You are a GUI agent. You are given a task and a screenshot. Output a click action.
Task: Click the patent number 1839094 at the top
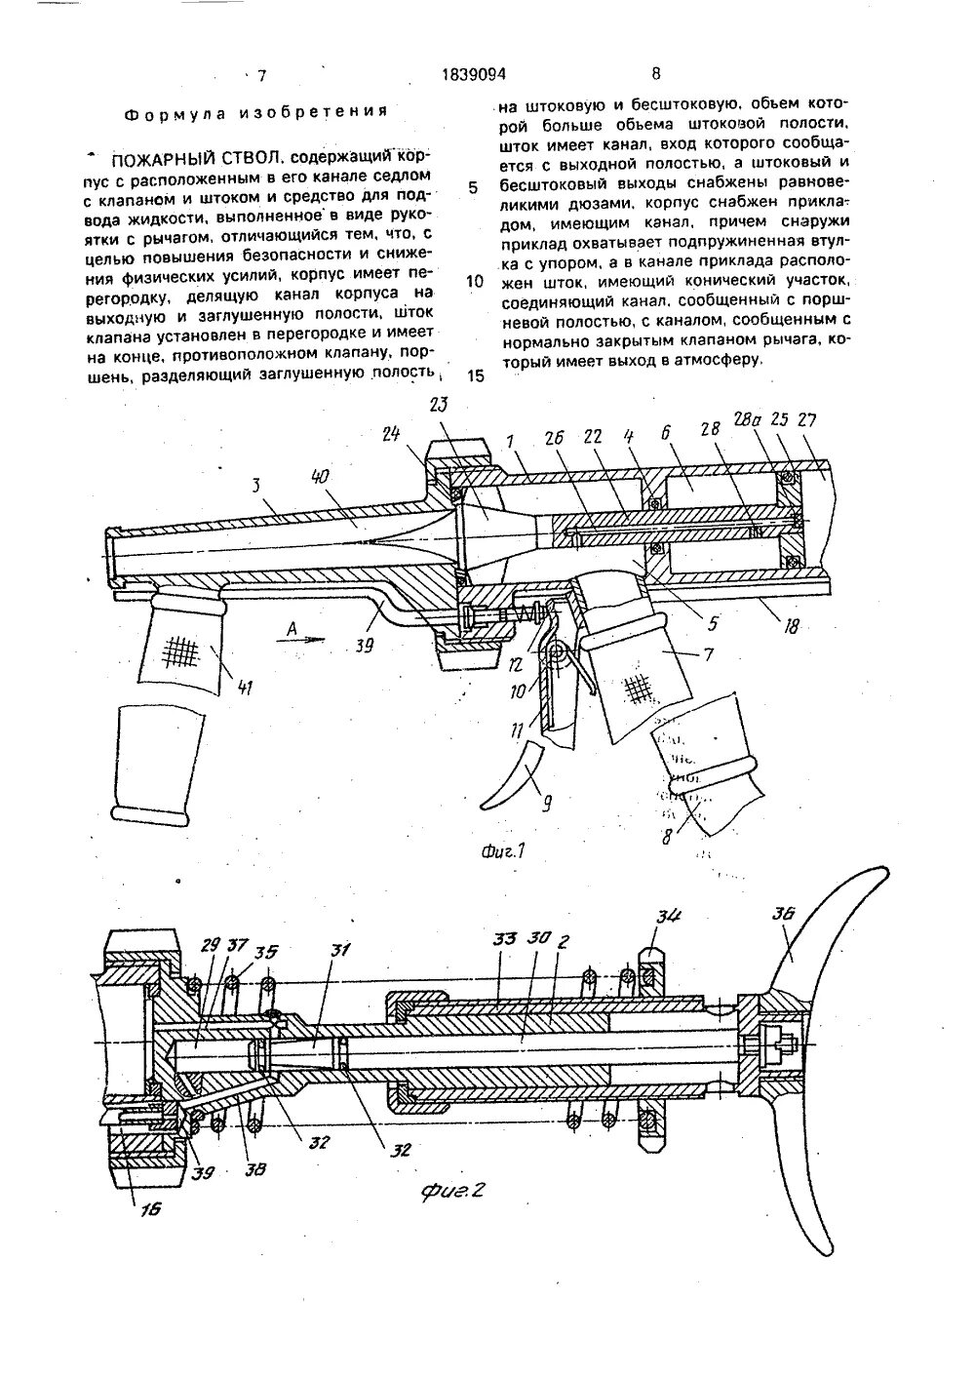(x=476, y=73)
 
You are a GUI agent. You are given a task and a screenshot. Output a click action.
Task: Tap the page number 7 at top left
(x=261, y=74)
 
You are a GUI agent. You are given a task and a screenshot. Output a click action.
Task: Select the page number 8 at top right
(x=655, y=73)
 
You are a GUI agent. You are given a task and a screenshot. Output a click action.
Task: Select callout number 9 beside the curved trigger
(x=545, y=805)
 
